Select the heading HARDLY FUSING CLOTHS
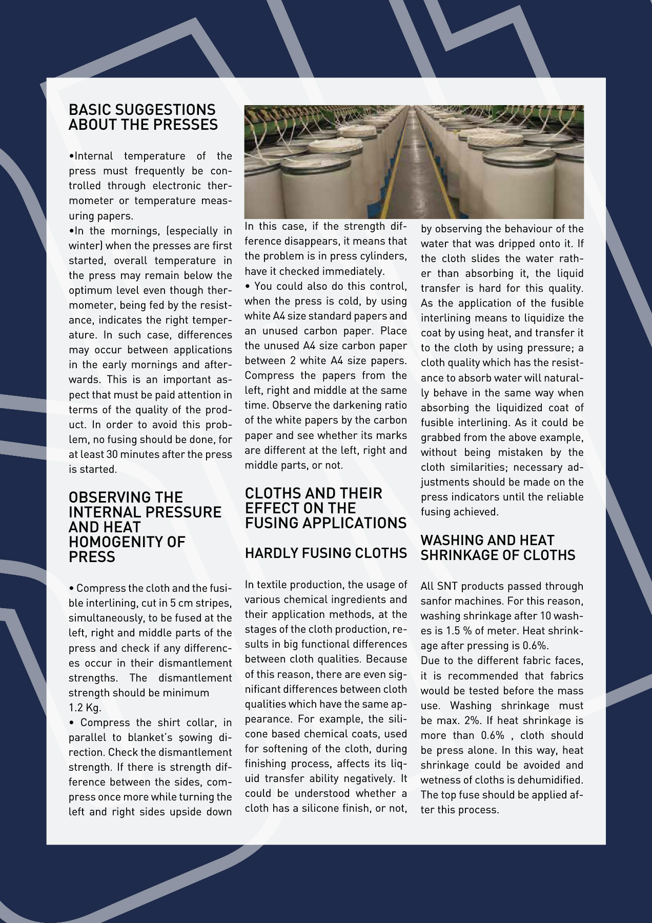pyautogui.click(x=325, y=553)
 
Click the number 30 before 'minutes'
pyautogui.click(x=112, y=454)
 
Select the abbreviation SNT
pyautogui.click(x=446, y=586)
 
